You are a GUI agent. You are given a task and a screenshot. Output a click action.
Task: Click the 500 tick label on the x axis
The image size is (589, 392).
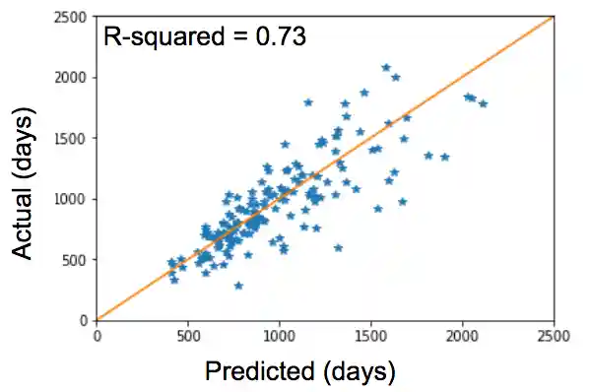(188, 334)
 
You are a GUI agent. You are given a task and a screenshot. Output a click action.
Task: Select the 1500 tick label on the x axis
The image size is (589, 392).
(371, 334)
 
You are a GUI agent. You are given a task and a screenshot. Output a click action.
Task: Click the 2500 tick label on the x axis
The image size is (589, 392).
(554, 334)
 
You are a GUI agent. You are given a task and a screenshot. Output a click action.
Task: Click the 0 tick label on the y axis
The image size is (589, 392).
(86, 320)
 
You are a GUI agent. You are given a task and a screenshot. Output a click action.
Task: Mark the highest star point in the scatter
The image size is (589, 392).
(386, 67)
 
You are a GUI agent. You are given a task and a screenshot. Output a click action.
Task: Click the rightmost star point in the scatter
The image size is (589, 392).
(483, 103)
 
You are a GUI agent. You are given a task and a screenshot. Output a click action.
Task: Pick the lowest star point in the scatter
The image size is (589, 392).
(238, 286)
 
